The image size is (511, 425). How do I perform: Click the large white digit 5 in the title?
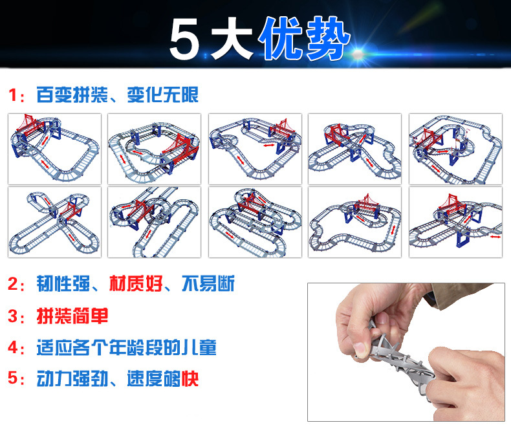tap(184, 38)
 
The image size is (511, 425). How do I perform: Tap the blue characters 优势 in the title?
tap(305, 38)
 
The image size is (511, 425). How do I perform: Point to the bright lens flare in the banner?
tap(358, 54)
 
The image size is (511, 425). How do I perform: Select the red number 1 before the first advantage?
tap(13, 95)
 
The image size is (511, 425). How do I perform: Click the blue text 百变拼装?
tap(72, 95)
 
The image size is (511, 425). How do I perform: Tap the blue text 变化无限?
tap(162, 95)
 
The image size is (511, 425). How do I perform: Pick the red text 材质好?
tap(136, 283)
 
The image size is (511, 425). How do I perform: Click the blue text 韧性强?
tap(63, 283)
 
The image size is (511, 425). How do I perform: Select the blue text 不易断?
tap(208, 283)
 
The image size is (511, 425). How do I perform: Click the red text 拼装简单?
tap(72, 316)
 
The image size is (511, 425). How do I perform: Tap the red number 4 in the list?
tap(13, 347)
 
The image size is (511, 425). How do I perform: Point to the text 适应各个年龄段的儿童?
tap(126, 347)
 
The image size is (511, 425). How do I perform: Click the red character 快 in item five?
tap(190, 378)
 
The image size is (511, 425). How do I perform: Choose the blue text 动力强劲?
tap(72, 378)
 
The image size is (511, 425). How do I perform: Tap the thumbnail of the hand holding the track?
tap(406, 352)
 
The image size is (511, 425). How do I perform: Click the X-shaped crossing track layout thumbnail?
tap(55, 222)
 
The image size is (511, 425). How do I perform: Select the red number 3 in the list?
tap(13, 316)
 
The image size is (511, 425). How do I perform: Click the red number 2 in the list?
tap(13, 284)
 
